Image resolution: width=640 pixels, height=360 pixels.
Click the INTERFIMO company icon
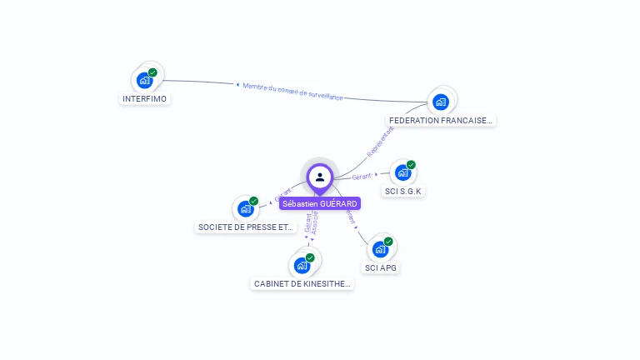tap(145, 81)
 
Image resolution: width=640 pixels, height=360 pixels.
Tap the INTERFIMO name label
tap(145, 99)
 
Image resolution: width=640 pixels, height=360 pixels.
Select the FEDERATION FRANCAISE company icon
tap(440, 102)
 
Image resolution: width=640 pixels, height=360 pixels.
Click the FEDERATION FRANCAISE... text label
tap(442, 120)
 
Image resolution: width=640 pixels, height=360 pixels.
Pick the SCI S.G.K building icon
tap(402, 172)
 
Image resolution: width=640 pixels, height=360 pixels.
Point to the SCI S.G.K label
tap(404, 192)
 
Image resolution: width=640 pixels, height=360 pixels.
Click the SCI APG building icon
tap(380, 249)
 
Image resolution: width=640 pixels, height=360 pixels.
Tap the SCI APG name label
tap(381, 267)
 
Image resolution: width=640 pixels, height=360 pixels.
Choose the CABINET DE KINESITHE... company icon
tap(302, 266)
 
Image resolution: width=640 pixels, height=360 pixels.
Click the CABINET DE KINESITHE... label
tap(302, 284)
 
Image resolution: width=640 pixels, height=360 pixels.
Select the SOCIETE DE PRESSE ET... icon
tap(245, 208)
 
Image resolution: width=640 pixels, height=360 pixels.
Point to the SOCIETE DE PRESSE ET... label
tap(246, 227)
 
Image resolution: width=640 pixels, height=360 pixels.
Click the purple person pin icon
tap(320, 177)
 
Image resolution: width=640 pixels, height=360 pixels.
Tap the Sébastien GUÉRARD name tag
tap(320, 203)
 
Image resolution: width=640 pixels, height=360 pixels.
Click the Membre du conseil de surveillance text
tap(292, 92)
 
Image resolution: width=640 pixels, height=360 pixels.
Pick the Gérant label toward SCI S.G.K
tap(361, 176)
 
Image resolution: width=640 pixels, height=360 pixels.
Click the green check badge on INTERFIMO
tap(153, 72)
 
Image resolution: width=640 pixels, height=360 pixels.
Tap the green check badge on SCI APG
tap(388, 241)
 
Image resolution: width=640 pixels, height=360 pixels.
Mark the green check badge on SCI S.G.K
tap(411, 164)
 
